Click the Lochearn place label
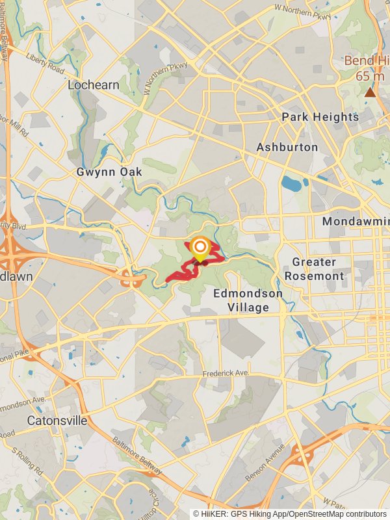(93, 84)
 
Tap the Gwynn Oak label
(109, 172)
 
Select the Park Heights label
(320, 117)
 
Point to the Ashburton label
(287, 148)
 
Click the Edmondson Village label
(248, 300)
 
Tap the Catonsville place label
(57, 421)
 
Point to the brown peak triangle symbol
(370, 92)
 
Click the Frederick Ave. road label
(226, 373)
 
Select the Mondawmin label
(356, 222)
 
